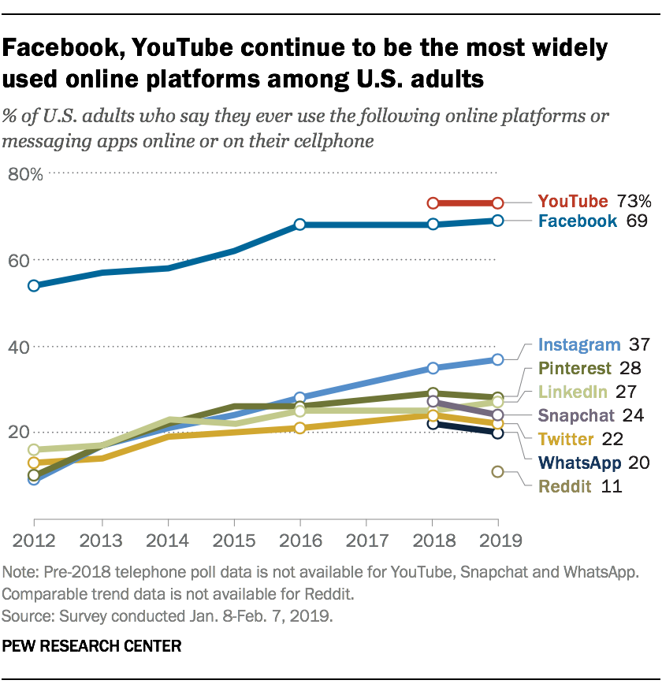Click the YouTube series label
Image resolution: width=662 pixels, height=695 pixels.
click(x=573, y=201)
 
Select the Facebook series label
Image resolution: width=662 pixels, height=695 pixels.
click(x=577, y=221)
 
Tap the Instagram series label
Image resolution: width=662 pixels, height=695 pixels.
click(x=579, y=344)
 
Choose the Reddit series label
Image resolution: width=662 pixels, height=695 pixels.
click(x=565, y=486)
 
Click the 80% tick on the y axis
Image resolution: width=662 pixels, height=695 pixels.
click(x=24, y=174)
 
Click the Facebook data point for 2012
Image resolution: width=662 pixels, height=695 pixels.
click(x=34, y=286)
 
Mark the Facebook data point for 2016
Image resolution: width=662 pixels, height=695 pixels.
click(x=299, y=225)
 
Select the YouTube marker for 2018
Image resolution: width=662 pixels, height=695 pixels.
click(x=432, y=203)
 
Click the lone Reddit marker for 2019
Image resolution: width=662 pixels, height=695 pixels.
click(x=498, y=472)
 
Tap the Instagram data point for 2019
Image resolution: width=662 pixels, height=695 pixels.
click(x=498, y=359)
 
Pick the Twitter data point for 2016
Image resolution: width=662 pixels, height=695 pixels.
click(x=299, y=428)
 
